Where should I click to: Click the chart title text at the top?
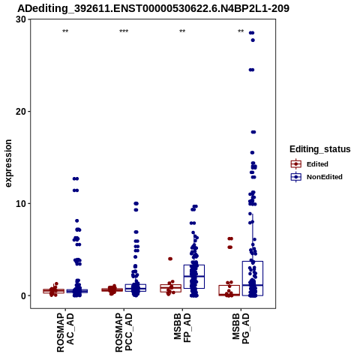click(153, 8)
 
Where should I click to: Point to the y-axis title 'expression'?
click(8, 163)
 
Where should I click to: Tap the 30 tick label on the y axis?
click(21, 19)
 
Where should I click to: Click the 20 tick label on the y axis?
click(21, 112)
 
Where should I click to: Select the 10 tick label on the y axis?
click(21, 204)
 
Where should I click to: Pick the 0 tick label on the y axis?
click(24, 295)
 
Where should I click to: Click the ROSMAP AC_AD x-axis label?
click(65, 333)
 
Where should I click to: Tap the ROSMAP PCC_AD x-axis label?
click(124, 333)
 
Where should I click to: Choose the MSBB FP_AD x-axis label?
click(182, 328)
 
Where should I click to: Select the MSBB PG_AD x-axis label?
click(241, 328)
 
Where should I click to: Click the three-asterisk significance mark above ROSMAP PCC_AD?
click(124, 31)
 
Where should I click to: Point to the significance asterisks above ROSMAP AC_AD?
click(65, 31)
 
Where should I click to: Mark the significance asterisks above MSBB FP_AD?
click(182, 31)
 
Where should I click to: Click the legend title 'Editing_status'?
click(320, 149)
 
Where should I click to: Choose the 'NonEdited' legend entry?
click(316, 177)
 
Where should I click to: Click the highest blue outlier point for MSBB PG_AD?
click(251, 33)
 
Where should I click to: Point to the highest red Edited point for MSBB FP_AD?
click(170, 259)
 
